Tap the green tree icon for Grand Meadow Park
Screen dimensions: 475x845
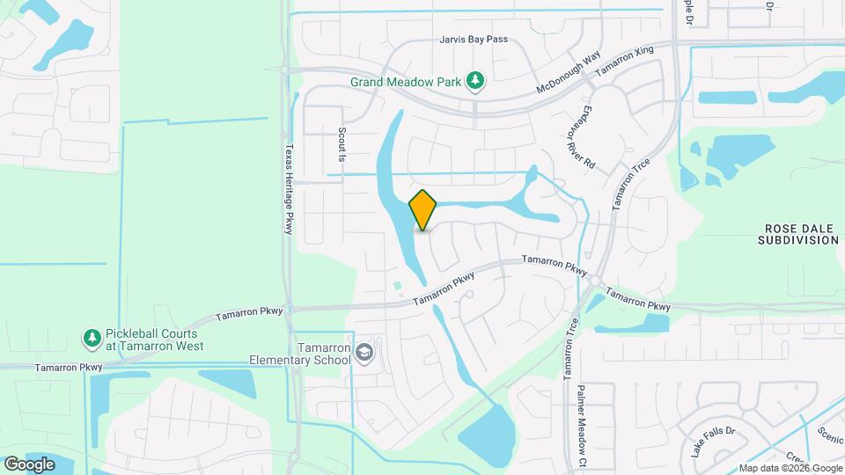[475, 82]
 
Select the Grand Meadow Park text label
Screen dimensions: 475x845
[406, 82]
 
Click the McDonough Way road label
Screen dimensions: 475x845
[569, 73]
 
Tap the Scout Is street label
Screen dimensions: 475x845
[342, 143]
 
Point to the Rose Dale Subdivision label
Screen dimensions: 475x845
[798, 233]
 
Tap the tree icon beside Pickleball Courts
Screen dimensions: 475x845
[92, 338]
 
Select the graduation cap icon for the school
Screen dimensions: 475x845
[364, 354]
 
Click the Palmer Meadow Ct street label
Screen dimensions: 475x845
[582, 427]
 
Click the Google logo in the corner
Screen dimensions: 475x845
[29, 464]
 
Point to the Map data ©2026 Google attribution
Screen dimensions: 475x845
[790, 468]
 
